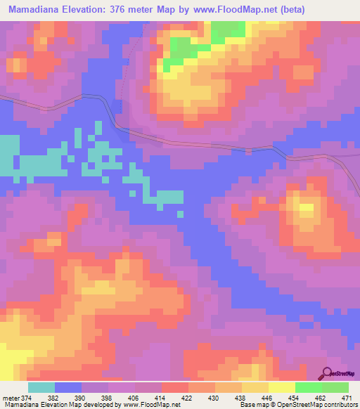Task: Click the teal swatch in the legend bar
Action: [x=41, y=387]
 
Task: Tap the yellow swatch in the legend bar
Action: [x=281, y=387]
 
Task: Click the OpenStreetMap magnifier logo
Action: [x=328, y=374]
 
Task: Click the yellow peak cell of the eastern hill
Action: [x=306, y=209]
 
